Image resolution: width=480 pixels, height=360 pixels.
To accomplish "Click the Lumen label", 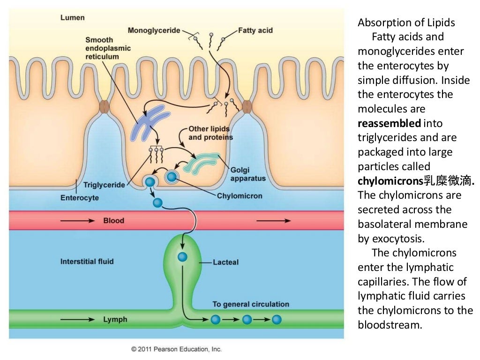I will (73, 17).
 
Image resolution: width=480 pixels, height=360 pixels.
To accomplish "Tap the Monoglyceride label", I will (154, 30).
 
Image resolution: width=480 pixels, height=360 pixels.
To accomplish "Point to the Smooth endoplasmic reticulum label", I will (108, 48).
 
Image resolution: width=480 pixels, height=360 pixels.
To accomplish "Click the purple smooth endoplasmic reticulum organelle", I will (150, 122).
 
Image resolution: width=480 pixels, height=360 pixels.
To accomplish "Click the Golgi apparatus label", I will (248, 174).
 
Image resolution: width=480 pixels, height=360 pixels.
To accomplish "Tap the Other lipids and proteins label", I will (210, 133).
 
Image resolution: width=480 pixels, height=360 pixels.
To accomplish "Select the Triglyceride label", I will (104, 185).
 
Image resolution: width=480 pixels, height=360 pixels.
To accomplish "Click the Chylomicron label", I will (239, 195).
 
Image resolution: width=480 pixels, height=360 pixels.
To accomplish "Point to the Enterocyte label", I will (80, 198).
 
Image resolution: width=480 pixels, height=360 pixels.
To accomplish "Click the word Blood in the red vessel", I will (113, 220).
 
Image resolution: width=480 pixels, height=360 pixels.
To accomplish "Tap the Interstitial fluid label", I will (87, 261).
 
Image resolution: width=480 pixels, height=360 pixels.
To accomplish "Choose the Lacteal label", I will (225, 262).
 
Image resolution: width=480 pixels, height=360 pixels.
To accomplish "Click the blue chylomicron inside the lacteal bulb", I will (182, 257).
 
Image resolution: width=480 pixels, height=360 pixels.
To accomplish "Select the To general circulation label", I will (251, 304).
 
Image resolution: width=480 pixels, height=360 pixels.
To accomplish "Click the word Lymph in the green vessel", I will (115, 320).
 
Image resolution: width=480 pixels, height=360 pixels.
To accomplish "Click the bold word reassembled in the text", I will (389, 123).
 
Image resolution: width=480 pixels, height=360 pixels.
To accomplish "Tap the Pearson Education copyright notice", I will (176, 349).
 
